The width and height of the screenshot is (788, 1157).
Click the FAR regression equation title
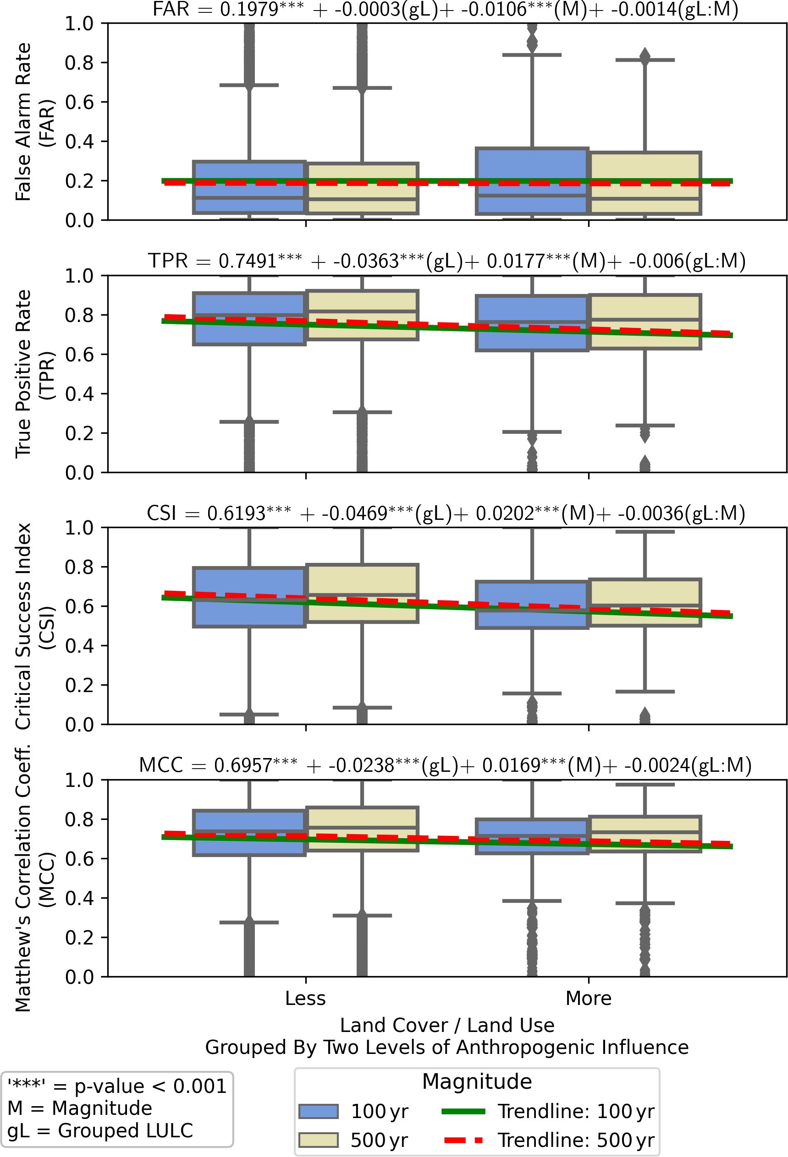(445, 10)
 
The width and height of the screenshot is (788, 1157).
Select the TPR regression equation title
(446, 261)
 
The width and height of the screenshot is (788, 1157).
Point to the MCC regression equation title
(445, 765)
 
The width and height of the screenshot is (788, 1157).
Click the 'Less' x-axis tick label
(305, 998)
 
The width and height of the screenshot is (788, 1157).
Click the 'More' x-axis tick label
(588, 998)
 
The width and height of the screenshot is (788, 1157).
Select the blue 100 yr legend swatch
(318, 1111)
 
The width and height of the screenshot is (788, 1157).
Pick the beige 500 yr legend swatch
(318, 1140)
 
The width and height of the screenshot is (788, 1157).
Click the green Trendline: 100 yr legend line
(463, 1111)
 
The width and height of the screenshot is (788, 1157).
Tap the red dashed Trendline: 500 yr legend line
(463, 1140)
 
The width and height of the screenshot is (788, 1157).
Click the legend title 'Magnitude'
(477, 1082)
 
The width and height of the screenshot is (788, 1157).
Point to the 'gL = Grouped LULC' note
(100, 1130)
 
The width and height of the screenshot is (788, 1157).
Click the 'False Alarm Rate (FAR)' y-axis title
(35, 122)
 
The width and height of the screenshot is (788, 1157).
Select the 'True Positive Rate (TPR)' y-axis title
(35, 373)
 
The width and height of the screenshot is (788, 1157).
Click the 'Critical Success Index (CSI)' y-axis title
(35, 626)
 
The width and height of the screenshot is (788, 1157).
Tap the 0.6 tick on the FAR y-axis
(79, 102)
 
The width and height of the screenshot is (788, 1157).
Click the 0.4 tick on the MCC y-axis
(79, 898)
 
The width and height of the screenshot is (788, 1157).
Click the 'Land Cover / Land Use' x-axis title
(447, 1025)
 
